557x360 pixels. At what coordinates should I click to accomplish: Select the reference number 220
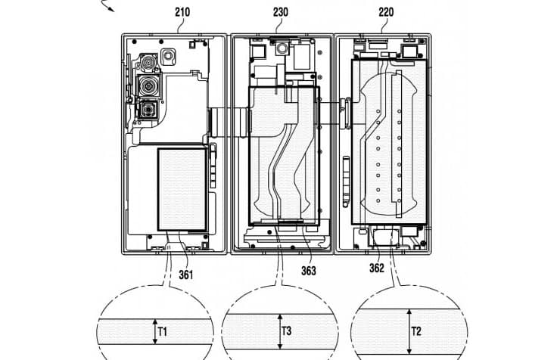[385, 12]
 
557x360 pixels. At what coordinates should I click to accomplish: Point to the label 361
[185, 275]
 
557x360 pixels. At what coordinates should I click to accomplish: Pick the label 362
[377, 268]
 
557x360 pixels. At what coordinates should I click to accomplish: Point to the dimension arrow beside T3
[278, 330]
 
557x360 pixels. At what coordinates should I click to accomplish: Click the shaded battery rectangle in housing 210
[182, 189]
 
